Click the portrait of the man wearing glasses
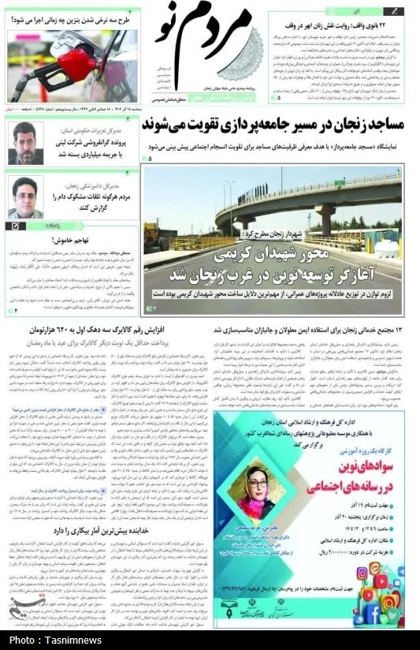(x=25, y=197)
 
